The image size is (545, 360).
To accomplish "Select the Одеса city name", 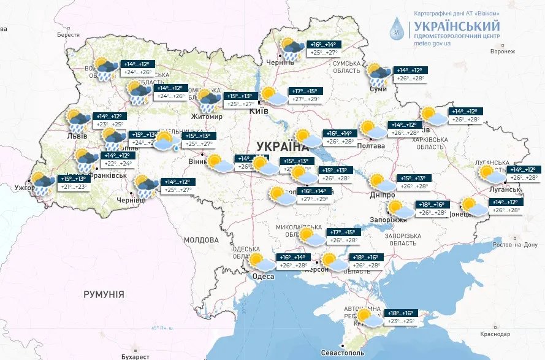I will (264, 277).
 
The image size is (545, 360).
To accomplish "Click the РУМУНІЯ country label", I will (104, 294).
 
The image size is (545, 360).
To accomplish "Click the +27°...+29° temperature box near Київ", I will (304, 99).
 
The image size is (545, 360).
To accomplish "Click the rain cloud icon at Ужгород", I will (41, 183).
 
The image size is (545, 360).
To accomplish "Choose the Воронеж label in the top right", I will (494, 52).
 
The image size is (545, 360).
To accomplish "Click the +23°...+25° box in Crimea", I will (400, 321).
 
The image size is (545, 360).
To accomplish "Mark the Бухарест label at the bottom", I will (135, 356).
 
